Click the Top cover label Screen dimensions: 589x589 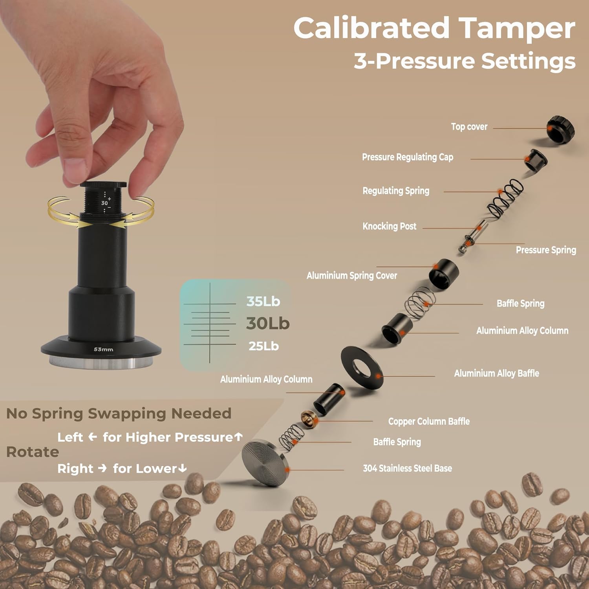[x=469, y=127]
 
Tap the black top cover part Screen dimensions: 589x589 [x=561, y=129]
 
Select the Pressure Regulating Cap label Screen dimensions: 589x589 [x=407, y=157]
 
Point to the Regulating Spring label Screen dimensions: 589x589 [x=396, y=191]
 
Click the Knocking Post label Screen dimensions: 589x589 [x=389, y=226]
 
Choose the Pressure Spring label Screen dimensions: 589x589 [x=546, y=250]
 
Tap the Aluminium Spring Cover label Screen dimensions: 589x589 [x=351, y=276]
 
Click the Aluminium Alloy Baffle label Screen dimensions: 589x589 [x=496, y=373]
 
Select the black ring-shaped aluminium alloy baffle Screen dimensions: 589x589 [x=362, y=368]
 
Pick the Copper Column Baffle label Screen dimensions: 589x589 [x=429, y=421]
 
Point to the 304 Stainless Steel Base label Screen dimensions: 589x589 [x=407, y=468]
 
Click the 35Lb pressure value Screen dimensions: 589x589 [x=263, y=302]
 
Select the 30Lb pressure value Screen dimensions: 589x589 [x=268, y=324]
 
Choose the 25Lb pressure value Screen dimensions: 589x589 [x=263, y=346]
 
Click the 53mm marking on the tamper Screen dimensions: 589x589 [x=103, y=349]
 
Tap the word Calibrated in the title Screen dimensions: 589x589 [x=371, y=28]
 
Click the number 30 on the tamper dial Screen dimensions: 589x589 [x=104, y=203]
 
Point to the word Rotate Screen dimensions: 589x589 [x=33, y=452]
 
